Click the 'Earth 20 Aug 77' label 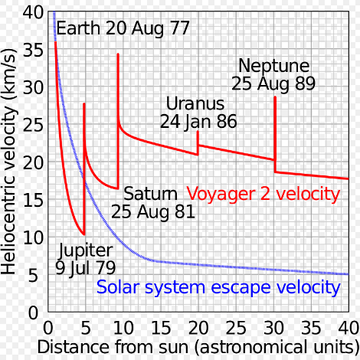[x=123, y=31]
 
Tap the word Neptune [x=273, y=65]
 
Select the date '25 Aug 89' [x=273, y=83]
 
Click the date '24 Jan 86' [x=198, y=121]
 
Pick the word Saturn [x=149, y=192]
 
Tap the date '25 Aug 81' [x=153, y=211]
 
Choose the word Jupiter [x=86, y=250]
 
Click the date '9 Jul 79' [x=86, y=268]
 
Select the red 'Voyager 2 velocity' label [x=263, y=194]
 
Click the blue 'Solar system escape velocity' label [x=218, y=288]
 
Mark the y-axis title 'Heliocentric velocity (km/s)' [x=10, y=161]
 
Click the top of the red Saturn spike [x=118, y=54]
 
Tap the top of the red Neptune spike [x=274, y=97]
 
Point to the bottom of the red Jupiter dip [x=83, y=234]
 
